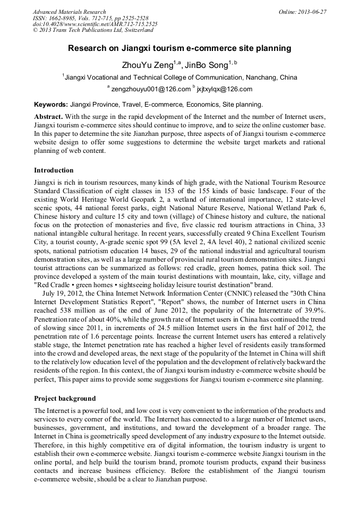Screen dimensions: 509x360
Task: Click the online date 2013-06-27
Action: pyautogui.click(x=310, y=12)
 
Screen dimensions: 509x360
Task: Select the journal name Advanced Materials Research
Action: pyautogui.click(x=69, y=12)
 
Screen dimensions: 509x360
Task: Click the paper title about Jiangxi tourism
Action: pyautogui.click(x=179, y=48)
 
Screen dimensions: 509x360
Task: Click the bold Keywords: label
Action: pyautogui.click(x=50, y=105)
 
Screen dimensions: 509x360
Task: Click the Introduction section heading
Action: pyautogui.click(x=54, y=170)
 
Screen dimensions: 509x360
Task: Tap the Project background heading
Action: pyautogui.click(x=65, y=399)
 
